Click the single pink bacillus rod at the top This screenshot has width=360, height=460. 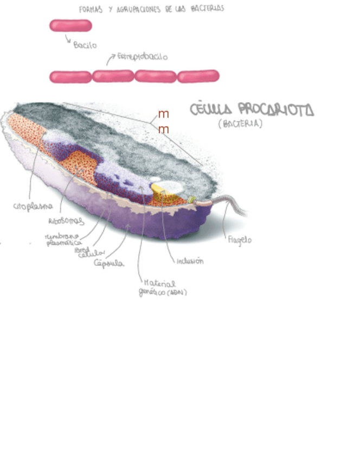coord(70,25)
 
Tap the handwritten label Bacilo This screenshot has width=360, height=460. coord(85,45)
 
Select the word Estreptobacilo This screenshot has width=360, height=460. coord(143,56)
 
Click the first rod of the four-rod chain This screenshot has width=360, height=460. coord(70,76)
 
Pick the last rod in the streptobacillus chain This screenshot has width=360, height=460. coord(198,76)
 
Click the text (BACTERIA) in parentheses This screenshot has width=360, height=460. coord(240,124)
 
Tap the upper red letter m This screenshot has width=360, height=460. coord(163,114)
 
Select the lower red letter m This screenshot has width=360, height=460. coord(163,130)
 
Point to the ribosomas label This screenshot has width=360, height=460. coord(66,221)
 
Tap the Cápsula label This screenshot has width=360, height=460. coord(108,264)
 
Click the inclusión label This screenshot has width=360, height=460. coord(190,261)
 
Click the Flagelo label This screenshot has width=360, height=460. coord(240,239)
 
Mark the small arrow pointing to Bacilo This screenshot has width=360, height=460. coord(68,39)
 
